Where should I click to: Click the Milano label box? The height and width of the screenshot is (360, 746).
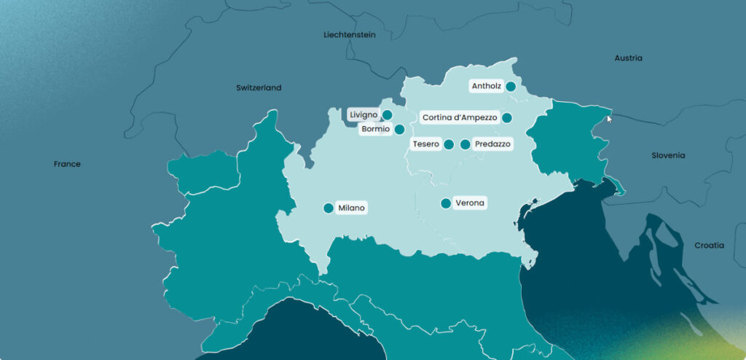[350, 208]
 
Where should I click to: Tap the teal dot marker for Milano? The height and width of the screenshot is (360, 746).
[329, 208]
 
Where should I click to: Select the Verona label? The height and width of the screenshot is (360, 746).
[470, 203]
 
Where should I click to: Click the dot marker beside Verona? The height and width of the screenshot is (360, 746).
[446, 203]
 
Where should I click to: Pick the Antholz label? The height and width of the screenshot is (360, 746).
[486, 86]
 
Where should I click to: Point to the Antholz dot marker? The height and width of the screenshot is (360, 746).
[511, 86]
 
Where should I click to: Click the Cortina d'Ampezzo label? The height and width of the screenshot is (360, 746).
[460, 117]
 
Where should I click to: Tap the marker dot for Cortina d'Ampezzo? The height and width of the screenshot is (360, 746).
[507, 117]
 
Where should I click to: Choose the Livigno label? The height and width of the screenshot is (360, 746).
[364, 114]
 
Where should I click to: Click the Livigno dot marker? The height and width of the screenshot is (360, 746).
[388, 114]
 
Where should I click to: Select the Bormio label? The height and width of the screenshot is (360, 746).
[375, 130]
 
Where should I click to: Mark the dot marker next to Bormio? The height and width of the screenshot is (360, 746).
[399, 130]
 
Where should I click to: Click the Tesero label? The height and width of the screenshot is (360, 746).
[425, 144]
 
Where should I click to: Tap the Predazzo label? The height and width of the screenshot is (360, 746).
[492, 144]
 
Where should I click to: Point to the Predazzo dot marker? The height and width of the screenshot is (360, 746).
[466, 144]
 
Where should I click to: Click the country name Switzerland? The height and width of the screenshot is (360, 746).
[259, 87]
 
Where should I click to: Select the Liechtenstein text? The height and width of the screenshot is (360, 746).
[349, 34]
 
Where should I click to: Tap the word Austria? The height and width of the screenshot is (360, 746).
[628, 58]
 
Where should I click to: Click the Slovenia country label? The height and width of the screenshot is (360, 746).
[668, 155]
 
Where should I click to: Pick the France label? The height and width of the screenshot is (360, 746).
[67, 164]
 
